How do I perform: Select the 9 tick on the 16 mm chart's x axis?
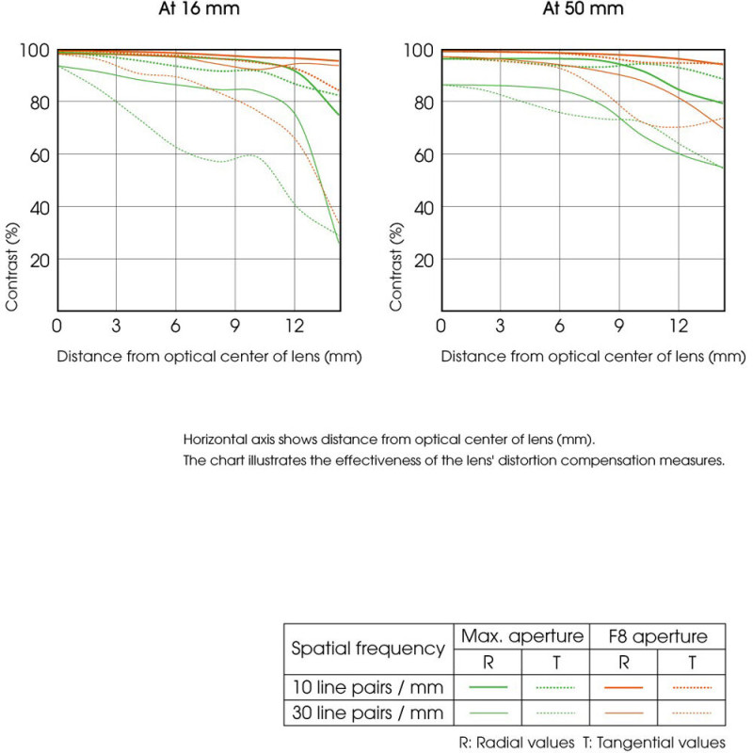click(x=235, y=326)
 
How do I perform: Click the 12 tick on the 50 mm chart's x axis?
click(x=678, y=326)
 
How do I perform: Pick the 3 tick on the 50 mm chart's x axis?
click(x=500, y=326)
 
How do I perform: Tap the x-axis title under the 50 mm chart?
click(x=593, y=357)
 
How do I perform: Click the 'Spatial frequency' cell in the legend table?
click(x=368, y=649)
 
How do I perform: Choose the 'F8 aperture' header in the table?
click(x=657, y=637)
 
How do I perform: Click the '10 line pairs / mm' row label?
click(x=368, y=687)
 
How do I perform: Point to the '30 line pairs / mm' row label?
click(x=368, y=712)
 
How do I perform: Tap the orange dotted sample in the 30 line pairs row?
click(x=691, y=713)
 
